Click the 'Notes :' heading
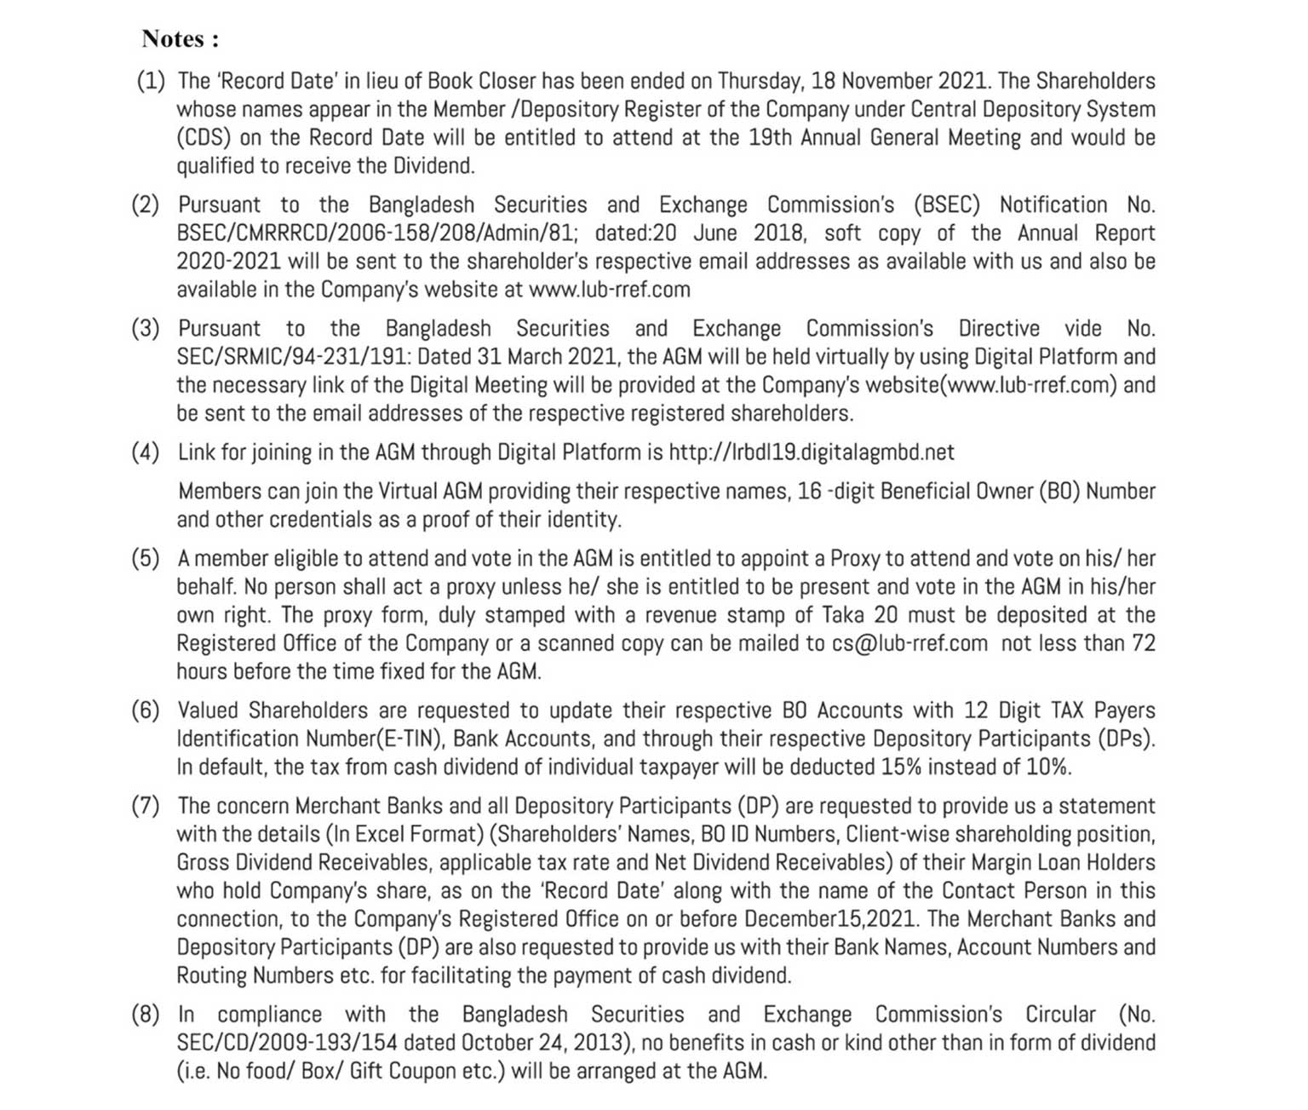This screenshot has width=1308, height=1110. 180,39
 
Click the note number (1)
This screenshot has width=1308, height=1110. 151,81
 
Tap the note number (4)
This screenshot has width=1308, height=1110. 145,451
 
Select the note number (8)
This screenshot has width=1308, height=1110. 145,1015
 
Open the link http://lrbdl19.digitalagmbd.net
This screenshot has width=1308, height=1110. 811,451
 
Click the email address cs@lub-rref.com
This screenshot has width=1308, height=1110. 909,643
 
